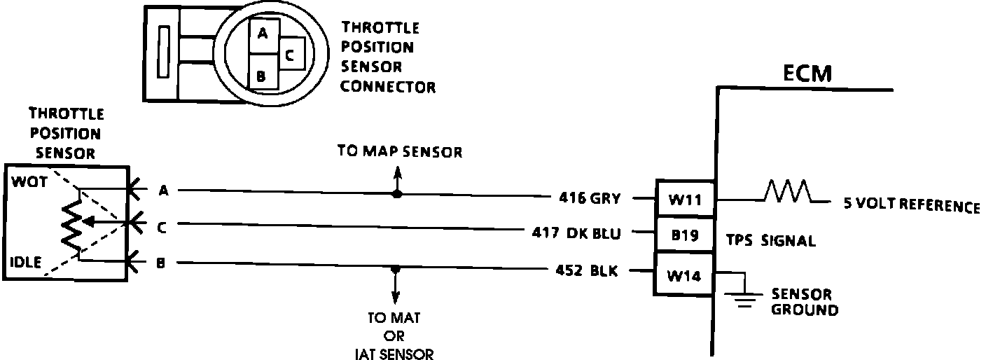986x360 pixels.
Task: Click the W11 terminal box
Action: [684, 199]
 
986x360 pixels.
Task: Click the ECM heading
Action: [807, 74]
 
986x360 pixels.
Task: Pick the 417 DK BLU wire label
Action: [576, 233]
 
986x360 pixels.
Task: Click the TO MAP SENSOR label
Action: [399, 152]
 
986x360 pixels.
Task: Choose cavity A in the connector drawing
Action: [261, 32]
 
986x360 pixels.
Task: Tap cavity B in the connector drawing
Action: [261, 74]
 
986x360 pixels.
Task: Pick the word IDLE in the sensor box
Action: [26, 263]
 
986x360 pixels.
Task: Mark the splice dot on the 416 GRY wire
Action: [396, 193]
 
